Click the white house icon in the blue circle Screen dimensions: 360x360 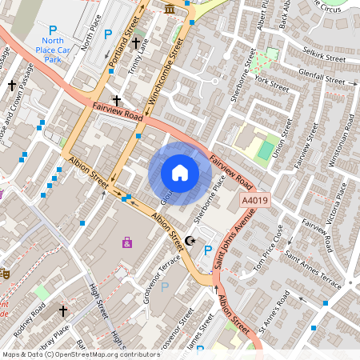180,173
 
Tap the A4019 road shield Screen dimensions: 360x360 256,203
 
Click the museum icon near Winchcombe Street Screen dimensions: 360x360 170,8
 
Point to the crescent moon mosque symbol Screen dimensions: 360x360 190,241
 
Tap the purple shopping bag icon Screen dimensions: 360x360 126,242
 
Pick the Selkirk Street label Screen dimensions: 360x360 324,55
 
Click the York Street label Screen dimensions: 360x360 269,83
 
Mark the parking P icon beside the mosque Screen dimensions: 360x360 208,251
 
